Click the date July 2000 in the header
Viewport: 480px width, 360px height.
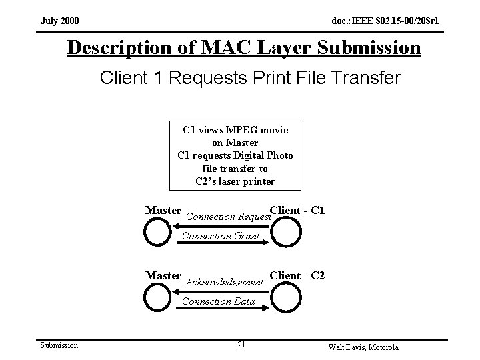pos(59,22)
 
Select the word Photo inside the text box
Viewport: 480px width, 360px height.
pos(276,155)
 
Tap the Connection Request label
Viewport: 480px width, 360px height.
pos(228,217)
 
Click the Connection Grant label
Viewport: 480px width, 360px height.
pos(221,235)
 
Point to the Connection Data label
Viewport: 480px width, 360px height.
pos(218,301)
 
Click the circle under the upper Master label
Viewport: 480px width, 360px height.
pos(158,232)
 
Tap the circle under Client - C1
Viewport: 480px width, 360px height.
pos(287,232)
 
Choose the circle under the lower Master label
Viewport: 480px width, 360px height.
pos(158,297)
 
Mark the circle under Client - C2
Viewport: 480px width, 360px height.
pos(287,297)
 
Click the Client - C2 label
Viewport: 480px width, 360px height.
pos(297,275)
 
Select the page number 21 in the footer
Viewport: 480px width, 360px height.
pos(241,345)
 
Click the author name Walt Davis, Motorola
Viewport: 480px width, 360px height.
pos(363,347)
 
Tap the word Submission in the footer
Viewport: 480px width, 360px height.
pos(59,345)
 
